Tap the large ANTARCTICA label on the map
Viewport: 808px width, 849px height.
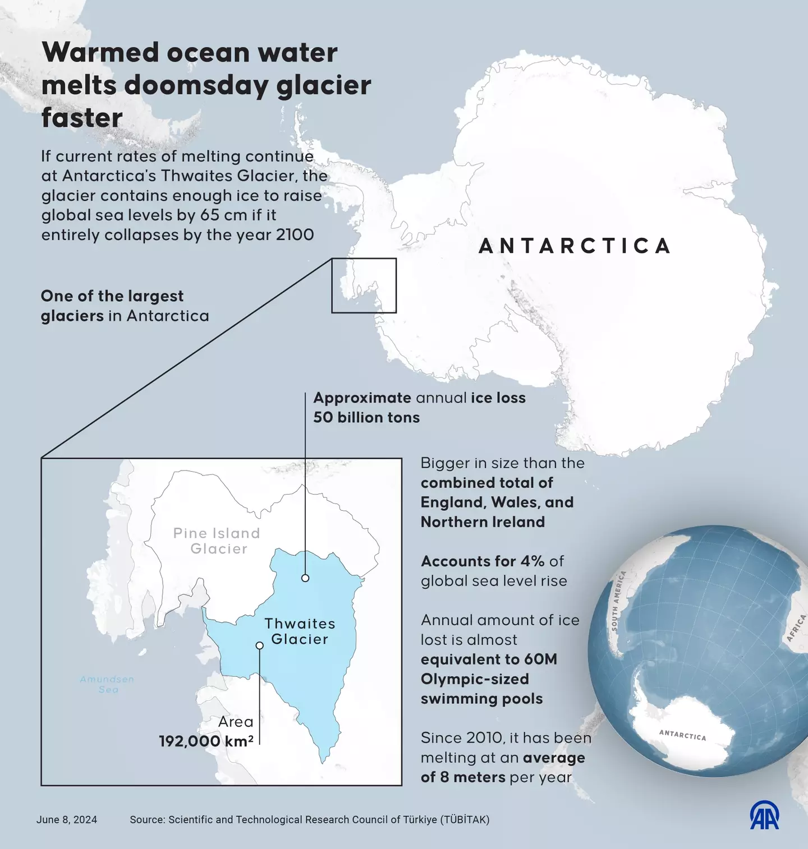coord(575,246)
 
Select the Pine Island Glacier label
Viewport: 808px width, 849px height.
coord(217,541)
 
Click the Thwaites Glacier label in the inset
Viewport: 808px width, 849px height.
coord(300,631)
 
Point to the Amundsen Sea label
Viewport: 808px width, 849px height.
coord(107,684)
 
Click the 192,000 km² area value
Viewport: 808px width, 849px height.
coord(206,741)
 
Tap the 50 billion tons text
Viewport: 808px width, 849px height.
coord(366,418)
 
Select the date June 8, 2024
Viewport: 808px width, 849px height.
coord(67,820)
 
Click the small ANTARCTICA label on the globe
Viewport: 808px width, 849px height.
coord(682,735)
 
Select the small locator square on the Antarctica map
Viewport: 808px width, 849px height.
coord(364,285)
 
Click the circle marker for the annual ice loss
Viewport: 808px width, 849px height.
coord(305,578)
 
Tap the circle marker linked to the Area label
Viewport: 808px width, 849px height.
coord(259,645)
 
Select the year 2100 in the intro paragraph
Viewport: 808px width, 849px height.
coord(295,234)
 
